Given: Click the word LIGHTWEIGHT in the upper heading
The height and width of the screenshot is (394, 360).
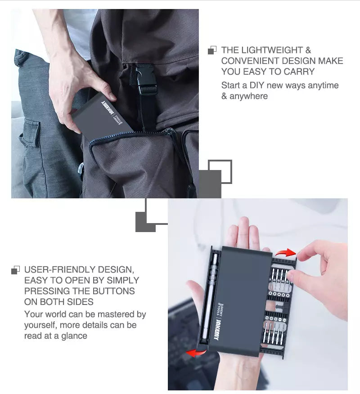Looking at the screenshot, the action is tap(272, 50).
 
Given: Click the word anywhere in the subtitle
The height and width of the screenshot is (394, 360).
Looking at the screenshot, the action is tap(248, 96).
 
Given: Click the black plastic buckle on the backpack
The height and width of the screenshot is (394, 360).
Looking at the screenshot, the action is tap(145, 79).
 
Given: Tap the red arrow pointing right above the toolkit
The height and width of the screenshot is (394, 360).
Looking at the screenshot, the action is tap(285, 252).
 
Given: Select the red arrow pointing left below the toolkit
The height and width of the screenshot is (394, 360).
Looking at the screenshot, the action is tap(196, 353).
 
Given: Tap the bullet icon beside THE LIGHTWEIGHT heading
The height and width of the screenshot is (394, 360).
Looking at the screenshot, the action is tap(212, 50).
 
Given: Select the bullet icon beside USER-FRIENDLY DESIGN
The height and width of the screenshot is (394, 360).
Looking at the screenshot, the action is tap(16, 270).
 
